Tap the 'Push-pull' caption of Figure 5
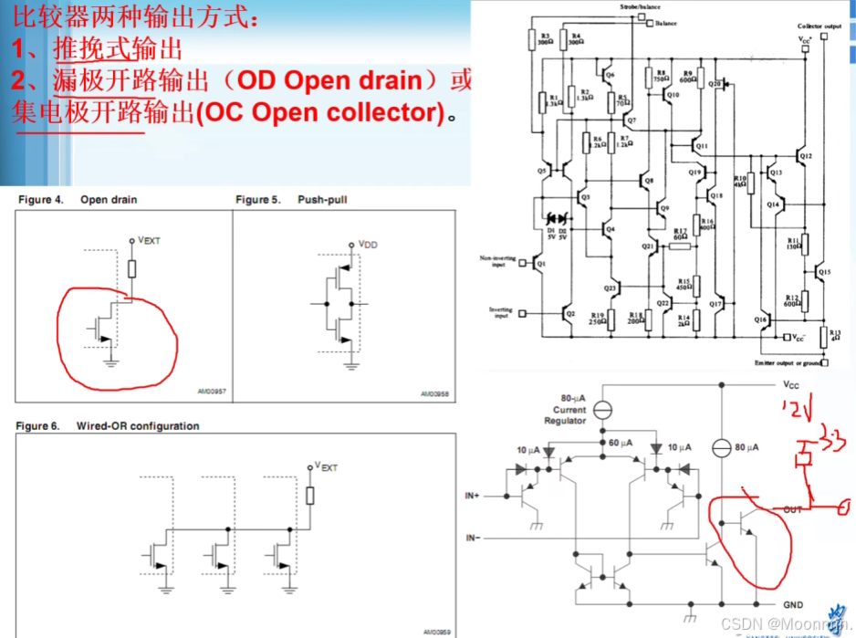(x=322, y=200)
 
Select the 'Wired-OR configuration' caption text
(x=138, y=426)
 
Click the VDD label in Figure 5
(x=368, y=245)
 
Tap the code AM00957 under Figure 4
(x=211, y=392)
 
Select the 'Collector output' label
(x=819, y=26)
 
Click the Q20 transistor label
(x=715, y=83)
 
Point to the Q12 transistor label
(x=806, y=156)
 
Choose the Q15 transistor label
(x=824, y=272)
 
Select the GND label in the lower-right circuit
(x=793, y=605)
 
